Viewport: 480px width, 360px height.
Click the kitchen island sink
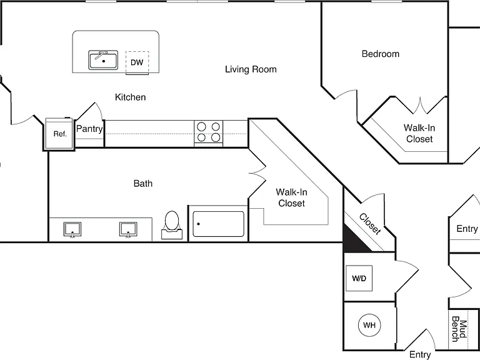(x=103, y=60)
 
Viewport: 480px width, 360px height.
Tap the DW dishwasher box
(x=137, y=62)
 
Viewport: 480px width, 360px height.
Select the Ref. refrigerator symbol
(x=60, y=134)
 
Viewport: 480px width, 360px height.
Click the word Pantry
(x=89, y=129)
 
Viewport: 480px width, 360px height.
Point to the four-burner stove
(x=209, y=132)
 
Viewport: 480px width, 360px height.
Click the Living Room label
(x=251, y=69)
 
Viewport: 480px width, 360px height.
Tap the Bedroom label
(x=381, y=54)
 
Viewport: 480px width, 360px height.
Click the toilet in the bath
(x=172, y=225)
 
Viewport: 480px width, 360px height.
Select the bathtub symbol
(x=218, y=224)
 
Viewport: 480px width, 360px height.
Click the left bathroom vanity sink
(x=72, y=229)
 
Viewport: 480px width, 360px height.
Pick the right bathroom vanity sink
(x=128, y=229)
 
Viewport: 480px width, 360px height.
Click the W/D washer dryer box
(x=359, y=278)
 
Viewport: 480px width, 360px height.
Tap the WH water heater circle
(x=369, y=325)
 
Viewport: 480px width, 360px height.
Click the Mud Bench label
(x=459, y=329)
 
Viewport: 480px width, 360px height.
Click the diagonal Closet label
(x=371, y=224)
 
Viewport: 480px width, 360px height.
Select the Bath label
(x=143, y=183)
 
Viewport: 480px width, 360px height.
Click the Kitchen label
(x=131, y=97)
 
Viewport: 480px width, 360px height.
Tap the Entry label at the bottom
(x=420, y=354)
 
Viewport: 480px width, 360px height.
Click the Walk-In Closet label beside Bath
(x=291, y=197)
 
